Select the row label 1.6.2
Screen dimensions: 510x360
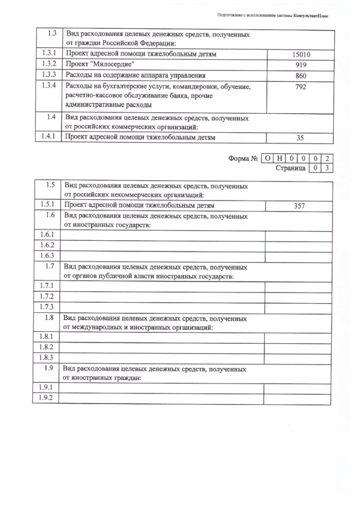47,245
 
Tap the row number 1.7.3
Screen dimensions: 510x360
47,307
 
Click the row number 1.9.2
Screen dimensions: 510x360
47,398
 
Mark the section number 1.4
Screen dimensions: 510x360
50,117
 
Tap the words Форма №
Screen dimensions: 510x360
243,159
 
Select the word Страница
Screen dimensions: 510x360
290,168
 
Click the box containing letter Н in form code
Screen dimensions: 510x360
279,159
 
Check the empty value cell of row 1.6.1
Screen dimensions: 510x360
298,235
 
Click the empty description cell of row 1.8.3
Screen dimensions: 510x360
163,357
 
